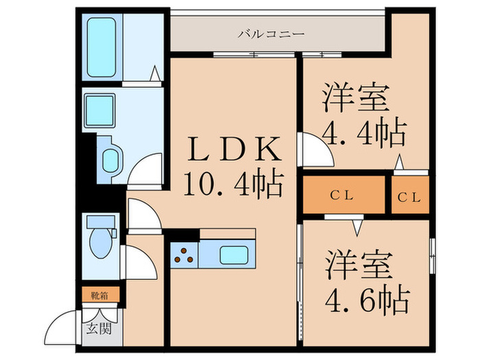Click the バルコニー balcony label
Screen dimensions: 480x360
pyautogui.click(x=272, y=34)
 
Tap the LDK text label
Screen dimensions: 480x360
pyautogui.click(x=235, y=149)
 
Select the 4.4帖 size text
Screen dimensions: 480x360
pyautogui.click(x=364, y=134)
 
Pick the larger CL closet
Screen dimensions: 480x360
pyautogui.click(x=344, y=195)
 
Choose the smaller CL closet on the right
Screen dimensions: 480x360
pyautogui.click(x=410, y=195)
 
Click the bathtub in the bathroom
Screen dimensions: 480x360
pyautogui.click(x=101, y=47)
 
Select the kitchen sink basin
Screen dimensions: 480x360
pyautogui.click(x=234, y=255)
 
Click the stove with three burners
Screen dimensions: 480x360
pyautogui.click(x=184, y=255)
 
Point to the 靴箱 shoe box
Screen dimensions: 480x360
pyautogui.click(x=100, y=295)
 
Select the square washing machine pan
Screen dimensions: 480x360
pyautogui.click(x=100, y=110)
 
